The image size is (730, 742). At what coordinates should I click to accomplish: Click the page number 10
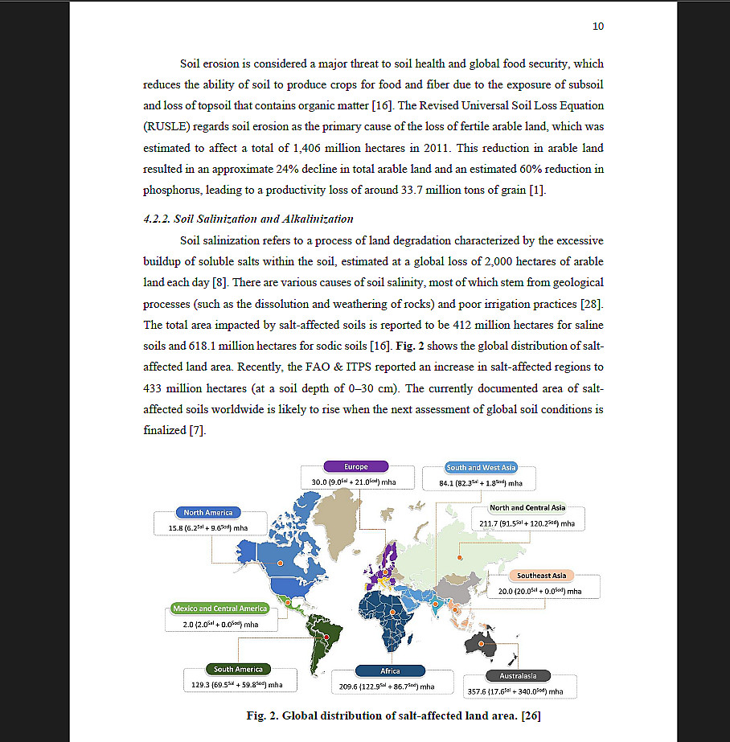597,27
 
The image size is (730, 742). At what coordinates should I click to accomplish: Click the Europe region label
356,466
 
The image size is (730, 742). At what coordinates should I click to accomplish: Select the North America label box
208,512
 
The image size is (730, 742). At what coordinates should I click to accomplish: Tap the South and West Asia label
482,467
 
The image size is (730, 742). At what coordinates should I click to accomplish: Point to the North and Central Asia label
527,508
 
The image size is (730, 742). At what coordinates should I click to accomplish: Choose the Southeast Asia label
541,576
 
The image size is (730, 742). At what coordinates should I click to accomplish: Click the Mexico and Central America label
219,609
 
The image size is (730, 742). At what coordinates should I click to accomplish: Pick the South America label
238,669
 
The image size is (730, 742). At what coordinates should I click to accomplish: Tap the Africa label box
390,670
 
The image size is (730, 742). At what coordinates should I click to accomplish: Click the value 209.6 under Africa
348,687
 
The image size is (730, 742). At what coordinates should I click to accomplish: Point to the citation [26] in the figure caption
531,715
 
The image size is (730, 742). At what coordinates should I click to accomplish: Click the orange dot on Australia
481,644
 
